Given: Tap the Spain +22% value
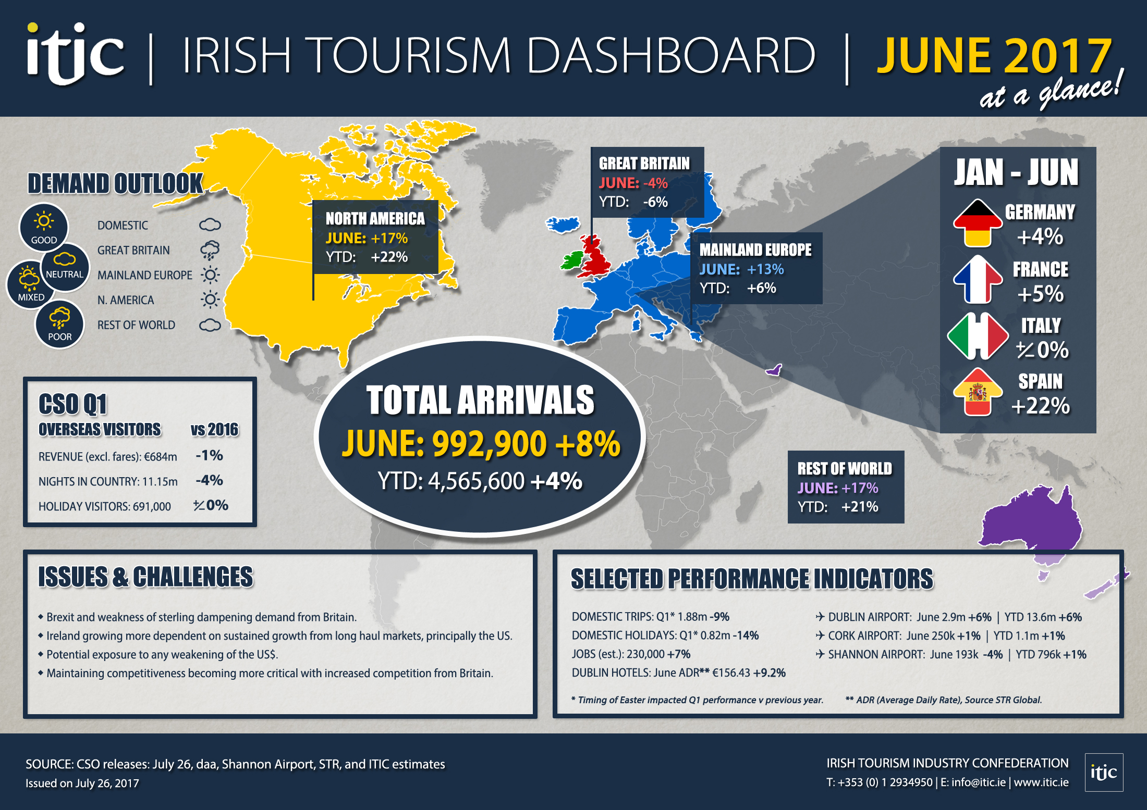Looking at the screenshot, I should [x=1040, y=406].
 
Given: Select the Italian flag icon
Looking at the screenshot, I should [x=978, y=336].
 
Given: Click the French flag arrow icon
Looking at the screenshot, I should [x=978, y=280].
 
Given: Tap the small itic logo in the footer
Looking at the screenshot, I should [x=1104, y=772].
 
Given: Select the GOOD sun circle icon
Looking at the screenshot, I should [x=44, y=227].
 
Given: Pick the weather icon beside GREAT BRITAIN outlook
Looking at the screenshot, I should [x=210, y=250].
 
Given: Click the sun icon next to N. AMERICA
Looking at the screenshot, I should [x=210, y=300].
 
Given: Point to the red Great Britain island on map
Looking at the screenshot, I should [x=595, y=258].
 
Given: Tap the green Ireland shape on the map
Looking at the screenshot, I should [x=571, y=259].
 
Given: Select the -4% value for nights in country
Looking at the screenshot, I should [x=209, y=480].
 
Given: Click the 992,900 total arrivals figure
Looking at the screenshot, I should [x=489, y=444].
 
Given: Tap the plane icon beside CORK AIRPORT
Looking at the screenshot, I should [x=820, y=635].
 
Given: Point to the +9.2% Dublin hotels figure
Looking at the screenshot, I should [x=769, y=672].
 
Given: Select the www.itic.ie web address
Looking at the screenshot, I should [x=1041, y=782].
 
